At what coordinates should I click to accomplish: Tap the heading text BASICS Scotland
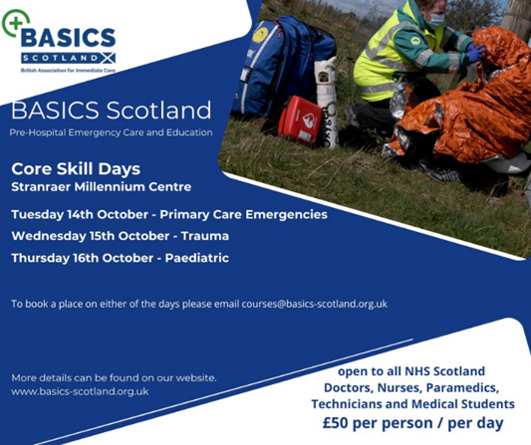click(x=111, y=109)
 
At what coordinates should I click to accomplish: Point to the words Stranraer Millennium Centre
click(x=103, y=185)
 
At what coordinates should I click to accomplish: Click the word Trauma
click(x=206, y=236)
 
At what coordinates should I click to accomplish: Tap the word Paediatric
click(x=190, y=258)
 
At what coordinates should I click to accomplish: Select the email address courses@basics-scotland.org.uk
click(x=315, y=304)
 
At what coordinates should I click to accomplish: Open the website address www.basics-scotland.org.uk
click(x=80, y=391)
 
